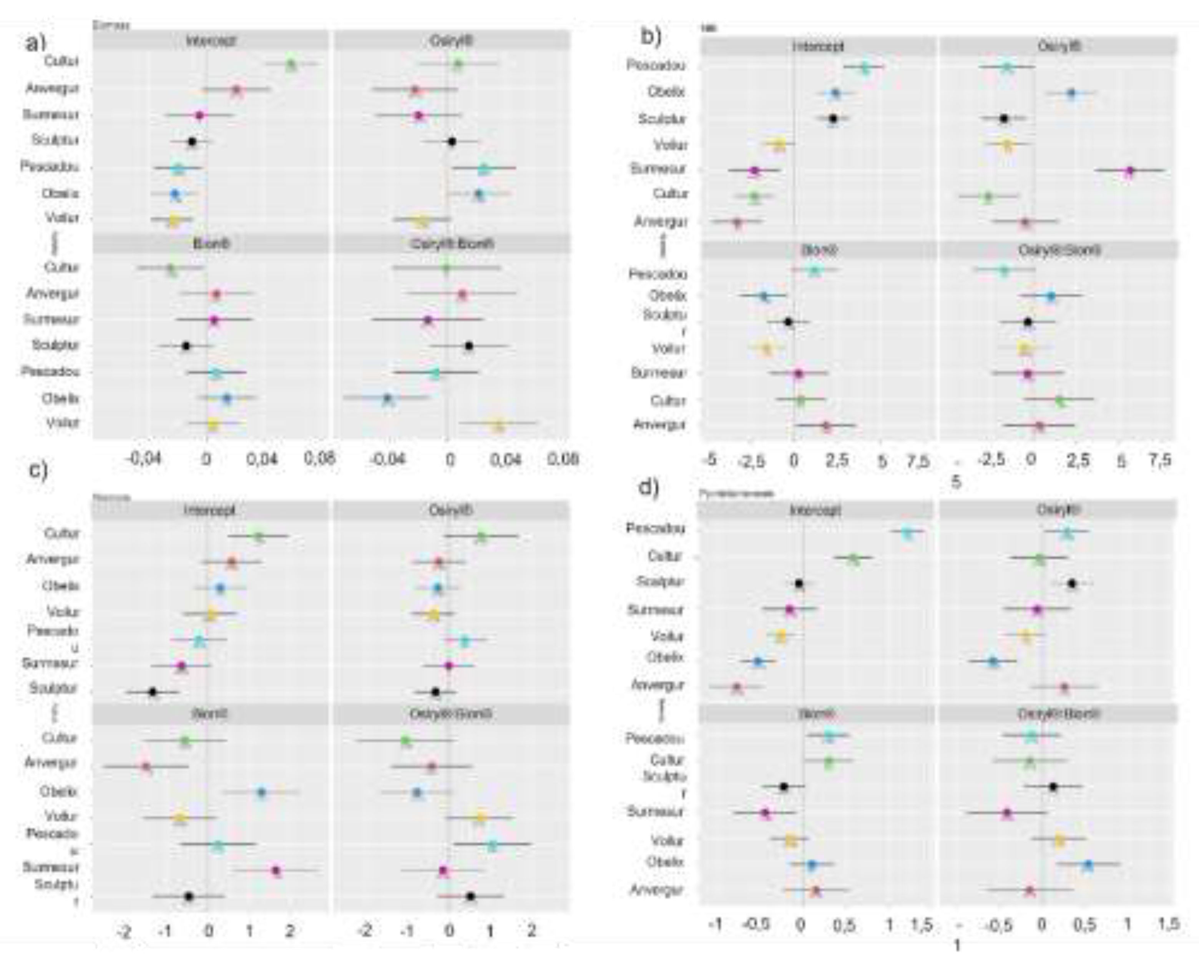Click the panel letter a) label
pyautogui.click(x=35, y=43)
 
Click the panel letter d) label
pyautogui.click(x=649, y=487)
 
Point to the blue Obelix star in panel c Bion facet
pyautogui.click(x=261, y=792)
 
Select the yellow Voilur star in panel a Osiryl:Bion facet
pyautogui.click(x=498, y=426)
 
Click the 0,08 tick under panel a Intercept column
pyautogui.click(x=319, y=458)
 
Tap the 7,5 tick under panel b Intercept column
pyautogui.click(x=918, y=461)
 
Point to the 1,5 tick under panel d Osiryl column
pyautogui.click(x=1169, y=924)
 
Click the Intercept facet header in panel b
pyautogui.click(x=818, y=46)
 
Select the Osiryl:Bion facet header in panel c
pyautogui.click(x=451, y=714)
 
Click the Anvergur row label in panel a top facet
pyautogui.click(x=53, y=89)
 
